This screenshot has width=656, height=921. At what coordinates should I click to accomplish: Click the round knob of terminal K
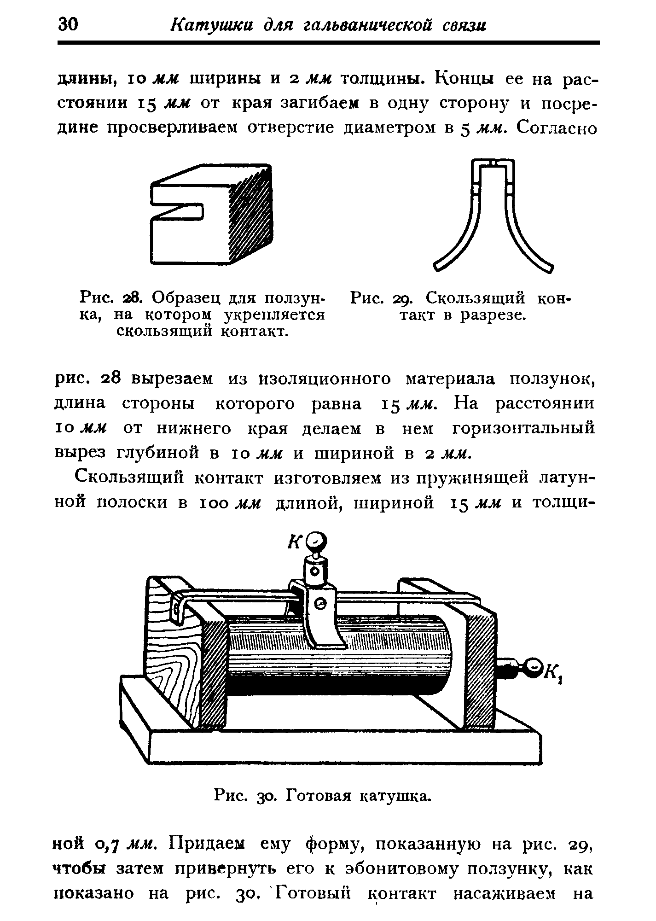point(317,542)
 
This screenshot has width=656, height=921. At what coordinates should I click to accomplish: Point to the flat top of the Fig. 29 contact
point(493,163)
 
